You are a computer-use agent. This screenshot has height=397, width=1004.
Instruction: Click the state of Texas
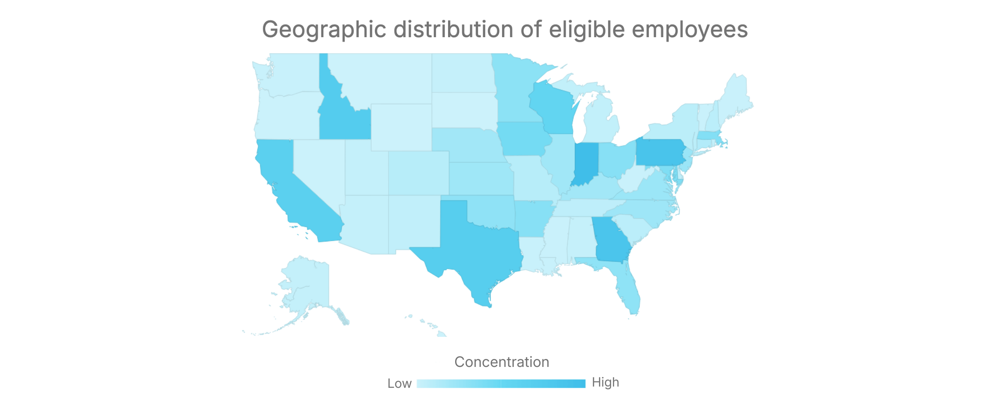click(477, 247)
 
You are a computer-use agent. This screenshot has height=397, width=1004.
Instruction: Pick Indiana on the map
click(586, 163)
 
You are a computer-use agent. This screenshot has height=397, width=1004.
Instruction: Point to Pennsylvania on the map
click(659, 152)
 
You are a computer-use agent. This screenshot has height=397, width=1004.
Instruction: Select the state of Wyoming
click(401, 127)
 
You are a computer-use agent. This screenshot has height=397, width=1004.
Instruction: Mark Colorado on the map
click(418, 173)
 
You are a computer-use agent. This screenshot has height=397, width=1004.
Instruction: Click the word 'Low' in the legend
click(399, 384)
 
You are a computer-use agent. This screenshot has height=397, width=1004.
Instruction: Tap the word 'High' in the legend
click(605, 382)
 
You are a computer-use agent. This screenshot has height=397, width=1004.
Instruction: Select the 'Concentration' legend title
click(502, 362)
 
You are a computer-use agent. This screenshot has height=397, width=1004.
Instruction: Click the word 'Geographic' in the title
click(324, 30)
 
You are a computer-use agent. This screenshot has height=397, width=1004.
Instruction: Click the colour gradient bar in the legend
click(501, 384)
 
